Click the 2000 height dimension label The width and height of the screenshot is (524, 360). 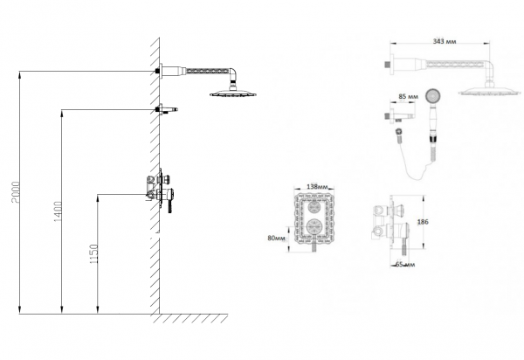[x=16, y=192]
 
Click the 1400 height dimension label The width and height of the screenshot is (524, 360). [x=58, y=211]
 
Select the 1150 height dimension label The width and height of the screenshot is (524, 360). [x=94, y=254]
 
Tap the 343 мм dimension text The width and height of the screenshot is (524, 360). [x=445, y=41]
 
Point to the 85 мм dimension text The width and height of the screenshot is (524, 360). [x=408, y=97]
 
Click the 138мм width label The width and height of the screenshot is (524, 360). [x=317, y=186]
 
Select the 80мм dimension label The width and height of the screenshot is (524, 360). [x=276, y=238]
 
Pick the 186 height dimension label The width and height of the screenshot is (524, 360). [x=423, y=222]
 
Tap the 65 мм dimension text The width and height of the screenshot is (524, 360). [x=405, y=265]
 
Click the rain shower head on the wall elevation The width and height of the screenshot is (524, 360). [x=233, y=93]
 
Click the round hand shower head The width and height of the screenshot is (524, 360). [x=433, y=96]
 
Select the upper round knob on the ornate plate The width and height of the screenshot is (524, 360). [x=314, y=207]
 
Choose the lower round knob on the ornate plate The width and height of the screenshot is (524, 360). [x=314, y=227]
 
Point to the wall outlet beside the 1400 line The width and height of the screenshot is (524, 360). [x=166, y=109]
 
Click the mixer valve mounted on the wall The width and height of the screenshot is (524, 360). [x=161, y=190]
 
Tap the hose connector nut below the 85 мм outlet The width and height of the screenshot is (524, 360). [x=398, y=132]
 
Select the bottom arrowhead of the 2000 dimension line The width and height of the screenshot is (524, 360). [x=20, y=310]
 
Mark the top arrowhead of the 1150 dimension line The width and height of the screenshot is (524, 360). [x=98, y=198]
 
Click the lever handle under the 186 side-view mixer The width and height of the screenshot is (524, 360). [x=403, y=246]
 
